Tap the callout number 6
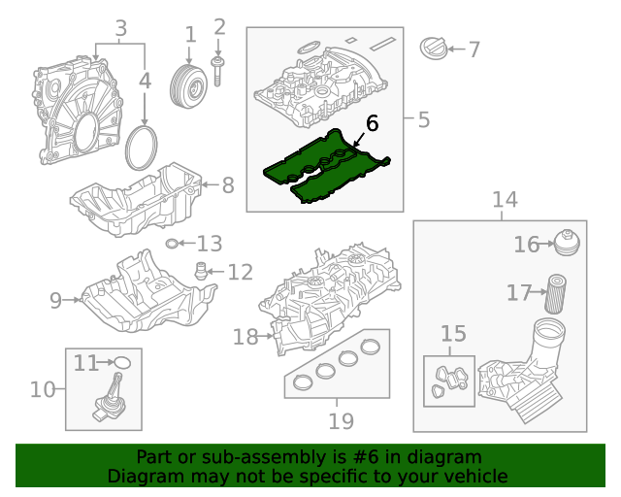(x=372, y=124)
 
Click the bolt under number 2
(x=219, y=70)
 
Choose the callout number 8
(x=227, y=184)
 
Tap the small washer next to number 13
(x=173, y=243)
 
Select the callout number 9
(x=56, y=301)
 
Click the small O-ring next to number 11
(x=123, y=363)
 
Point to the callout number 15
(x=453, y=335)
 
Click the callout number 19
(x=341, y=421)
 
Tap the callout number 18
(x=245, y=337)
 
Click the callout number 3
(x=121, y=29)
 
